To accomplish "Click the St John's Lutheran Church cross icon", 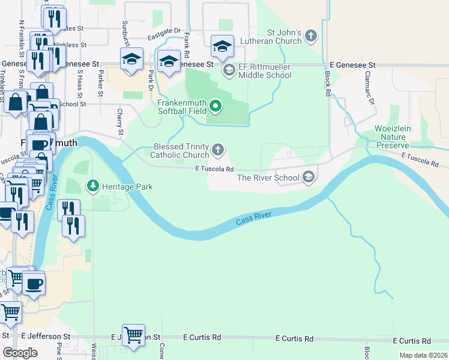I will click(311, 35).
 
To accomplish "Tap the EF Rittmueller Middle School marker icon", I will click(229, 70).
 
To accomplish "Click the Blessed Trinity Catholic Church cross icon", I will click(220, 149).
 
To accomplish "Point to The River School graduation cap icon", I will click(309, 176).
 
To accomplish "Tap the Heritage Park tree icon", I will click(92, 186).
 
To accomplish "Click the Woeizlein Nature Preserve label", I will click(392, 137).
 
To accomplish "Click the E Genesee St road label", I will click(352, 64).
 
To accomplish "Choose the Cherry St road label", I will click(120, 122).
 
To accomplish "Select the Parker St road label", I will click(100, 84).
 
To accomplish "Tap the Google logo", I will click(20, 352).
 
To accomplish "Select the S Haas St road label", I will click(79, 84).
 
